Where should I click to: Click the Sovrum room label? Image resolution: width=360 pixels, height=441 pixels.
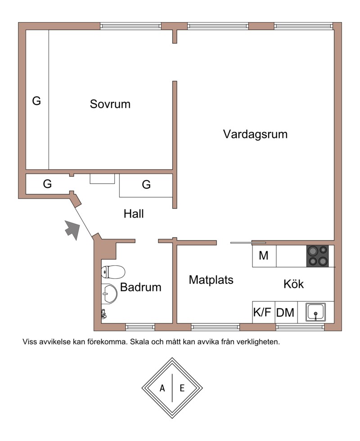(x=110, y=104)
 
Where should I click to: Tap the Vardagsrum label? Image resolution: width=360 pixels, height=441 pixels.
(x=255, y=134)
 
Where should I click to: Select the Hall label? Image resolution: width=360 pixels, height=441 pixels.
(x=134, y=214)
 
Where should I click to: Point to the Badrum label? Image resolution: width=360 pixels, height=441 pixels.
(x=140, y=287)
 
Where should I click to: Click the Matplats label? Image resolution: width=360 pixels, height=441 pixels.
(x=211, y=280)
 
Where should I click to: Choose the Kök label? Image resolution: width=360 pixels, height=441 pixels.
(x=293, y=284)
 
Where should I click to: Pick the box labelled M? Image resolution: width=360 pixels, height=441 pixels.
(x=264, y=256)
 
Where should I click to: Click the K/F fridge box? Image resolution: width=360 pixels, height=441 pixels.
(x=263, y=312)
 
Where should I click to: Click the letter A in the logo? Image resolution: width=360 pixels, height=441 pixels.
(x=162, y=388)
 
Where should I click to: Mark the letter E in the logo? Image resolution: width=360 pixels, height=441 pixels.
(x=182, y=388)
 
